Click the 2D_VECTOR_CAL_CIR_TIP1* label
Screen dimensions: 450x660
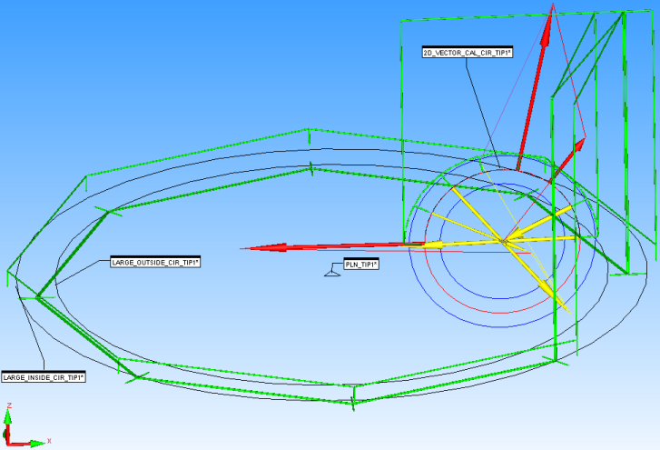[x=468, y=53]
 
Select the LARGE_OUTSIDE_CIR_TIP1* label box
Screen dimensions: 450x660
[x=154, y=262]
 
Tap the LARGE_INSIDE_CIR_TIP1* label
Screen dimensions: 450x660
[x=44, y=376]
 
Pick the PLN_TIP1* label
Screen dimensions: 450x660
[x=360, y=265]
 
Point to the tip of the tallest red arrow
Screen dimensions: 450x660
[x=549, y=7]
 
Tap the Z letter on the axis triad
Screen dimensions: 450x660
[x=8, y=405]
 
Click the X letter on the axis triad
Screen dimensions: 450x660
[x=49, y=441]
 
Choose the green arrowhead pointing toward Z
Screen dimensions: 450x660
[x=8, y=417]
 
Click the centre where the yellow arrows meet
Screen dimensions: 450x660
[x=502, y=241]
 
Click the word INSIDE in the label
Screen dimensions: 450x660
[x=37, y=376]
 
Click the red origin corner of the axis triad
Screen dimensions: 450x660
[x=8, y=443]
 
